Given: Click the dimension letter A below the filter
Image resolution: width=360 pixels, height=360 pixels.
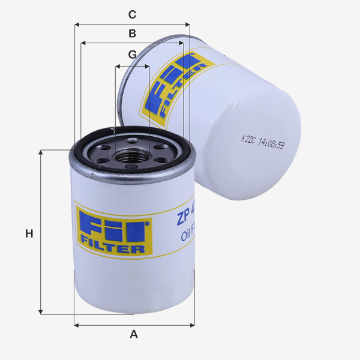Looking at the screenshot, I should (x=134, y=334).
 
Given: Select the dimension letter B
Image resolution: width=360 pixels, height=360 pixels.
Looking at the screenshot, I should (x=133, y=34).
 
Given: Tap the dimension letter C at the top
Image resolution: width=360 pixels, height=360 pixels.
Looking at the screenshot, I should (x=133, y=14).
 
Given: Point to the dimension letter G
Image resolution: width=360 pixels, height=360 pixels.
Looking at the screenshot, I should (x=133, y=55).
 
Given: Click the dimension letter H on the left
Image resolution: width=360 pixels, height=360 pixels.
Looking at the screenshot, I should (x=29, y=233).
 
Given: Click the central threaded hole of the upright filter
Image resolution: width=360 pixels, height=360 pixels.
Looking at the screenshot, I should (x=131, y=158).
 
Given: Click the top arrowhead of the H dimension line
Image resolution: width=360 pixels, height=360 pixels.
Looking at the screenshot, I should (x=41, y=152).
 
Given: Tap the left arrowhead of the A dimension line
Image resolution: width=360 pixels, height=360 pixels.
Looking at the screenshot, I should (x=77, y=325).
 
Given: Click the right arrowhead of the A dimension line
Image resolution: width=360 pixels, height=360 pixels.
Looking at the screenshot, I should (x=192, y=325).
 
